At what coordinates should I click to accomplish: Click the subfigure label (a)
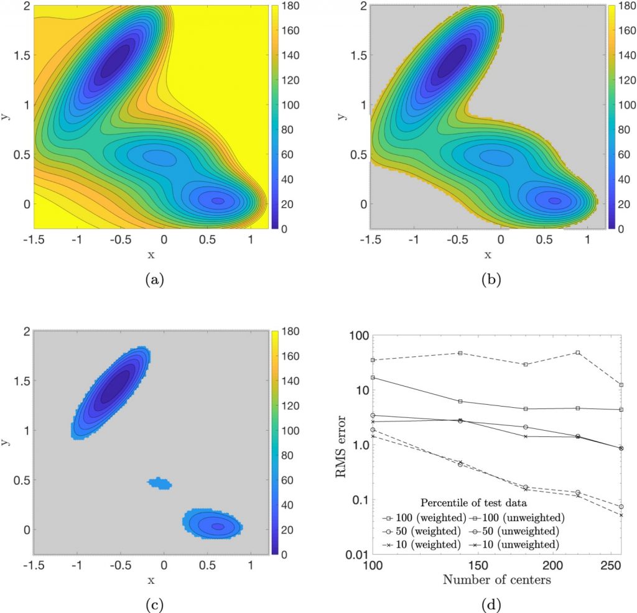tap(151, 281)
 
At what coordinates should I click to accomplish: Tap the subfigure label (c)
tap(151, 604)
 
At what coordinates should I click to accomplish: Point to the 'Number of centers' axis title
tap(496, 582)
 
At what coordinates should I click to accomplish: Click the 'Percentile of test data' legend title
tap(470, 502)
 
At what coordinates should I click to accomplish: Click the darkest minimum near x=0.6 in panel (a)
tap(217, 201)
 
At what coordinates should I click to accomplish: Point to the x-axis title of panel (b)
tap(487, 254)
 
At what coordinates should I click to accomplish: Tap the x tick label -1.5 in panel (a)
tap(32, 239)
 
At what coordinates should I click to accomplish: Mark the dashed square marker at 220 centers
tap(579, 353)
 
